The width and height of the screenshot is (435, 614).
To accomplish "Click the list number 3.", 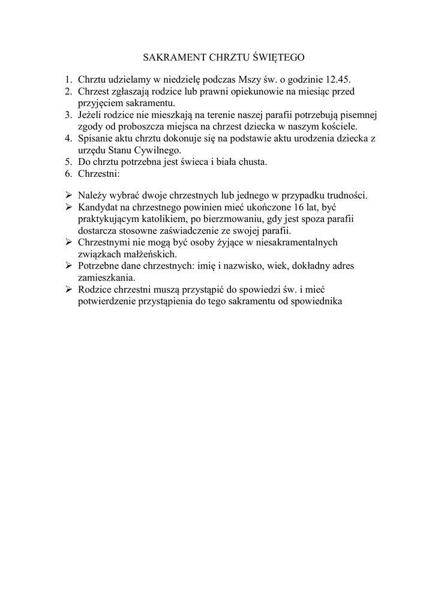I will click(x=68, y=115).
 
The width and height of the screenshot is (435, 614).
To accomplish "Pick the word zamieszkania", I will click(x=106, y=278).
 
